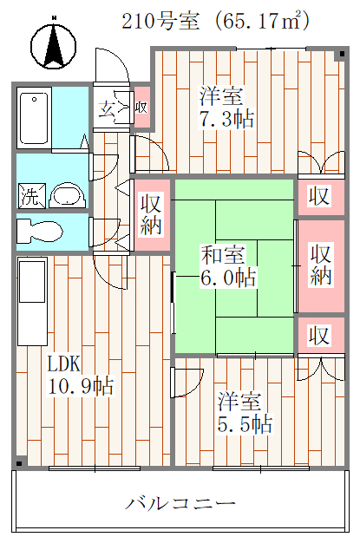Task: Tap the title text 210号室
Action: [160, 22]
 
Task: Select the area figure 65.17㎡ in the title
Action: [262, 22]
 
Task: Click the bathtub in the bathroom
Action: [34, 118]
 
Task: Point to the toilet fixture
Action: [40, 232]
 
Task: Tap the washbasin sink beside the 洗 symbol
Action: [68, 195]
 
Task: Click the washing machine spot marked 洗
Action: [32, 195]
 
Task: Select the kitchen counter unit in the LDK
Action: [32, 302]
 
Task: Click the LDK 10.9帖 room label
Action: [81, 376]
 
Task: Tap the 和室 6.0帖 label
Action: [228, 266]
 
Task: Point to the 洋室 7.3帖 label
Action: [226, 107]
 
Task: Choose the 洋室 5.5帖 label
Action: [245, 413]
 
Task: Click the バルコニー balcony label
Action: [180, 504]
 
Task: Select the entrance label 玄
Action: [107, 109]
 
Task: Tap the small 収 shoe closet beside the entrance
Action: [142, 107]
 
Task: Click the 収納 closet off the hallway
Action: [151, 215]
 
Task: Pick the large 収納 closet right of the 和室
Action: [321, 265]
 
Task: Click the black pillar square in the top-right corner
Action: [342, 55]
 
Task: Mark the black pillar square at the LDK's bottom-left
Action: [20, 463]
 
